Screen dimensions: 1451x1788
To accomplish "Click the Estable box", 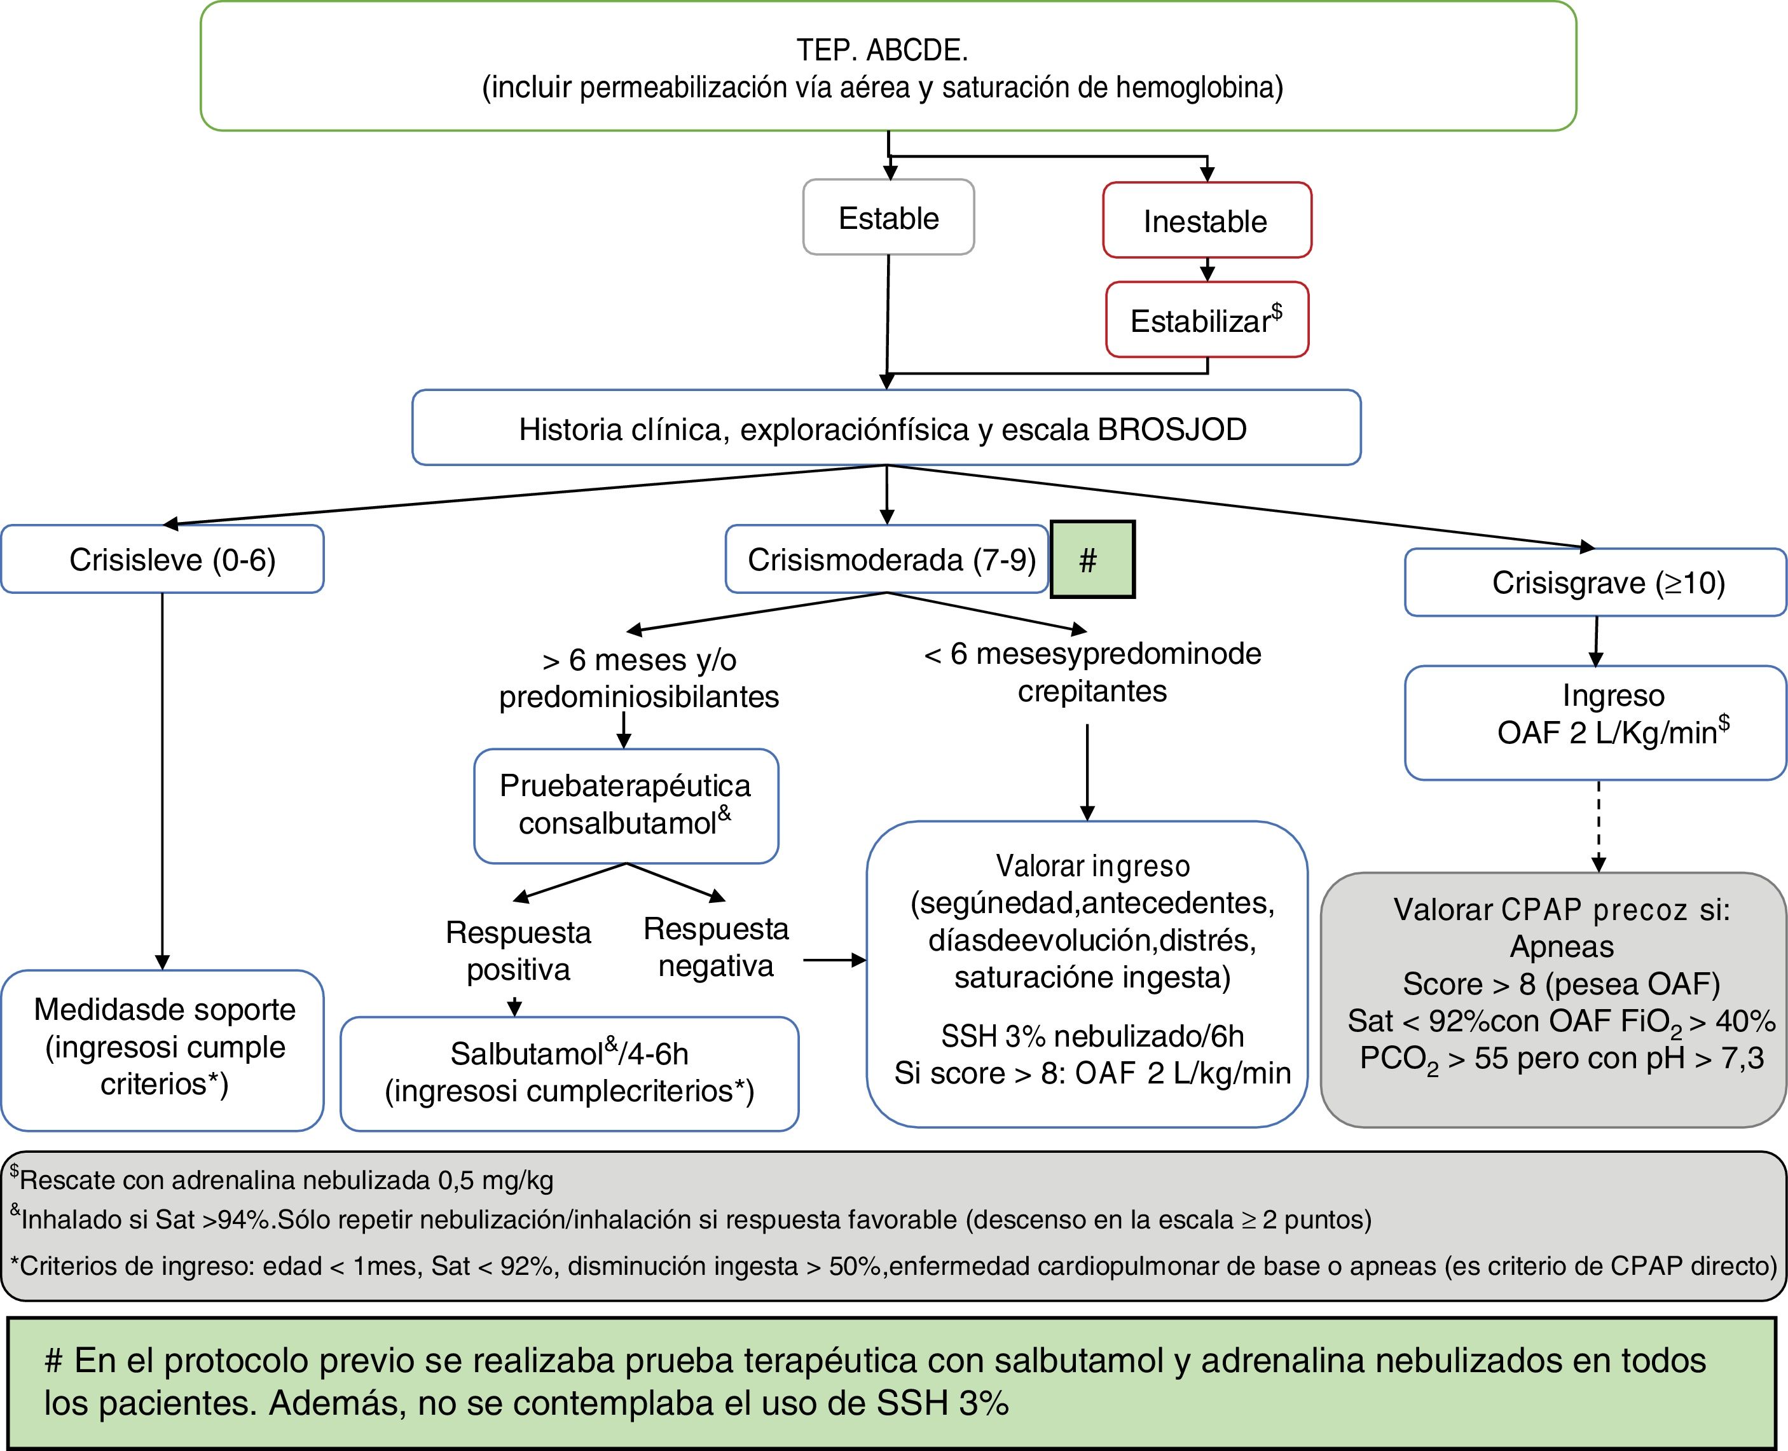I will point(888,217).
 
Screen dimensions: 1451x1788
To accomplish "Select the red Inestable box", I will point(1206,221).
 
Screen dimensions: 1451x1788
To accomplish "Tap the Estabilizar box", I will point(1206,320).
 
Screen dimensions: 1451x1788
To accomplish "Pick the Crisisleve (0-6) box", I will point(162,559).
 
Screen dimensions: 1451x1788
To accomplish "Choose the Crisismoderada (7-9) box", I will point(886,559).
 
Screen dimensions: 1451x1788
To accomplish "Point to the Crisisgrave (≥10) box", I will point(1595,582).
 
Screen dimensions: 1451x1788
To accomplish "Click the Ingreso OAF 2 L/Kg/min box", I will point(1595,722).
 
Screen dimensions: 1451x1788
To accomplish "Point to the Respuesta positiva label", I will point(518,951).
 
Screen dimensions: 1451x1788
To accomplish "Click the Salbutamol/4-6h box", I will point(569,1073).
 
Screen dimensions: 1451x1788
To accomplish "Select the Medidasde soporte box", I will point(162,1049).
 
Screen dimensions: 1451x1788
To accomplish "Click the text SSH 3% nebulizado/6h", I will point(1092,1036).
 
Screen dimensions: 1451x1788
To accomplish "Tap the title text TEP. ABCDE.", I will point(882,50).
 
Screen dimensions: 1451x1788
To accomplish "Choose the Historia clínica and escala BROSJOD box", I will point(886,428).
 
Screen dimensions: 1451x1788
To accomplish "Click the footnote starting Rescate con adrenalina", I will point(284,1180).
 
